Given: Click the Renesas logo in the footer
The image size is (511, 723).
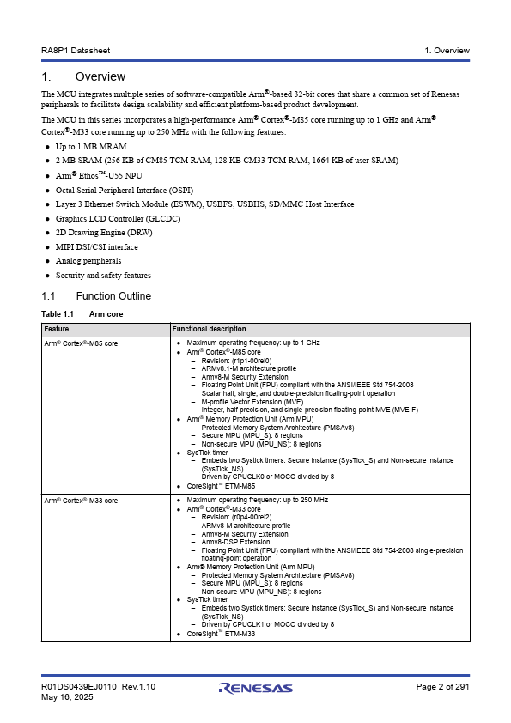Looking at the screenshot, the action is pyautogui.click(x=255, y=688).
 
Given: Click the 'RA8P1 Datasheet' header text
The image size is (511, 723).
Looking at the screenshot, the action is pyautogui.click(x=74, y=51).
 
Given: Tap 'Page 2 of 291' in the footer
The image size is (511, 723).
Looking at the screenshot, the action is pyautogui.click(x=442, y=687).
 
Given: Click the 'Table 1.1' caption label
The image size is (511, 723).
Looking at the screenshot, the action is pyautogui.click(x=58, y=314).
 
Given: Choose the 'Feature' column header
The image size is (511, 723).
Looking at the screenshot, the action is pyautogui.click(x=57, y=329).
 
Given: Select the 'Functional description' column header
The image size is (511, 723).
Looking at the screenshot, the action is pyautogui.click(x=209, y=329).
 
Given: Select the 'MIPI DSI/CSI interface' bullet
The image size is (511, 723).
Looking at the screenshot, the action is pyautogui.click(x=96, y=246).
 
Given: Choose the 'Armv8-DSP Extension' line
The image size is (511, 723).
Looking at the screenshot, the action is pyautogui.click(x=235, y=542).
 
